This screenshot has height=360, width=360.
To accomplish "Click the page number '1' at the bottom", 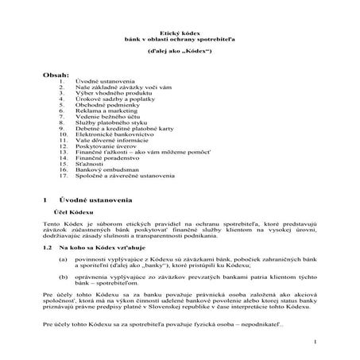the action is [x=315, y=342].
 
